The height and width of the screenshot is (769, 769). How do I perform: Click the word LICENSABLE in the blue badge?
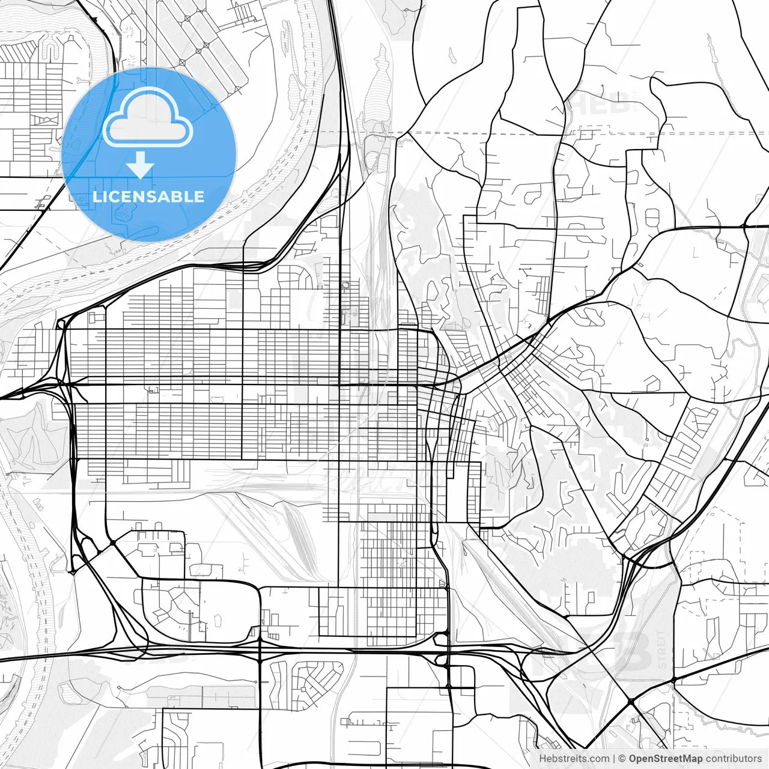[x=148, y=196]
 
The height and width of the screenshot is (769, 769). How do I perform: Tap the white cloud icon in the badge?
[x=148, y=118]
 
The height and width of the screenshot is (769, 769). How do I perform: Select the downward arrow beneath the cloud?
[x=140, y=165]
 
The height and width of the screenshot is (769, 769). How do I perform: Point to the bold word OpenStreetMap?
[x=666, y=759]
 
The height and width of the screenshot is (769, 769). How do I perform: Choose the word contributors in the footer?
[x=734, y=759]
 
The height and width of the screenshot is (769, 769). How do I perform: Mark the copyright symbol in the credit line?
[x=622, y=759]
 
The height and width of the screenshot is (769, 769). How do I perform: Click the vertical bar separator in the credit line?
[x=614, y=759]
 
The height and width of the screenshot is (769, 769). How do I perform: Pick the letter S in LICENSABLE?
[x=152, y=196]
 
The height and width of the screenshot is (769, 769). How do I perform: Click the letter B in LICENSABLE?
[x=180, y=196]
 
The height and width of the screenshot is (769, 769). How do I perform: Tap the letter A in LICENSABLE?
[x=166, y=196]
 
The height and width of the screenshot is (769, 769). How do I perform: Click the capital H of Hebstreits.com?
[x=543, y=759]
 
